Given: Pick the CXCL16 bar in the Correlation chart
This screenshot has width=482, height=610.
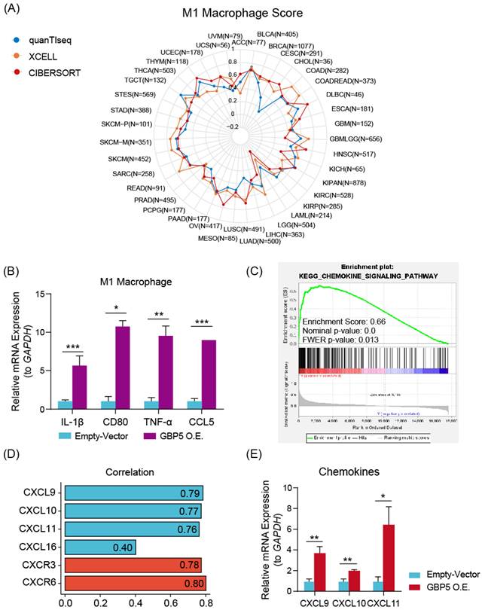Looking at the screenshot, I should (100, 545).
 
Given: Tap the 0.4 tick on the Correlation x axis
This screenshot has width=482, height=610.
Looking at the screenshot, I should (136, 602).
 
